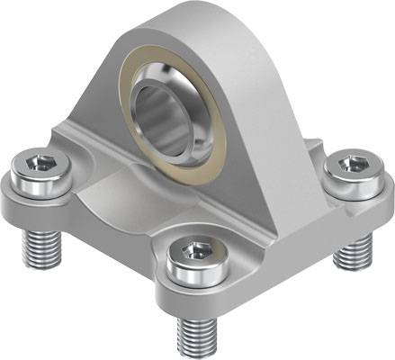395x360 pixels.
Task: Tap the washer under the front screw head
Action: click(x=193, y=275)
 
